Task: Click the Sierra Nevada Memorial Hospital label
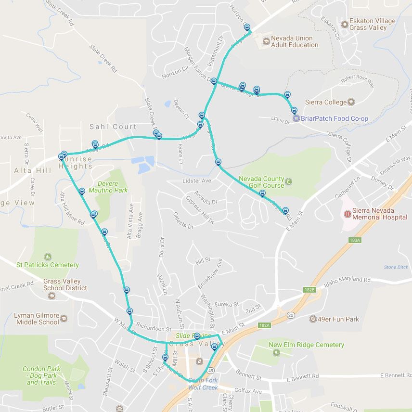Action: click(380, 214)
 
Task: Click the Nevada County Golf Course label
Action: click(261, 182)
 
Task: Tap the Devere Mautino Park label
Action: click(113, 187)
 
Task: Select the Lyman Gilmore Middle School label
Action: click(37, 319)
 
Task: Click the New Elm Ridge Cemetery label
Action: click(306, 345)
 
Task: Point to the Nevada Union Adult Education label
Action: click(295, 41)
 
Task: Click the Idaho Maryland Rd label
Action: click(347, 280)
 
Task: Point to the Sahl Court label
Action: click(113, 127)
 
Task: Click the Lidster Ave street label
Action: click(197, 180)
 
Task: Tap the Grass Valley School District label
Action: click(65, 284)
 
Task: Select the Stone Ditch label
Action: click(396, 267)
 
